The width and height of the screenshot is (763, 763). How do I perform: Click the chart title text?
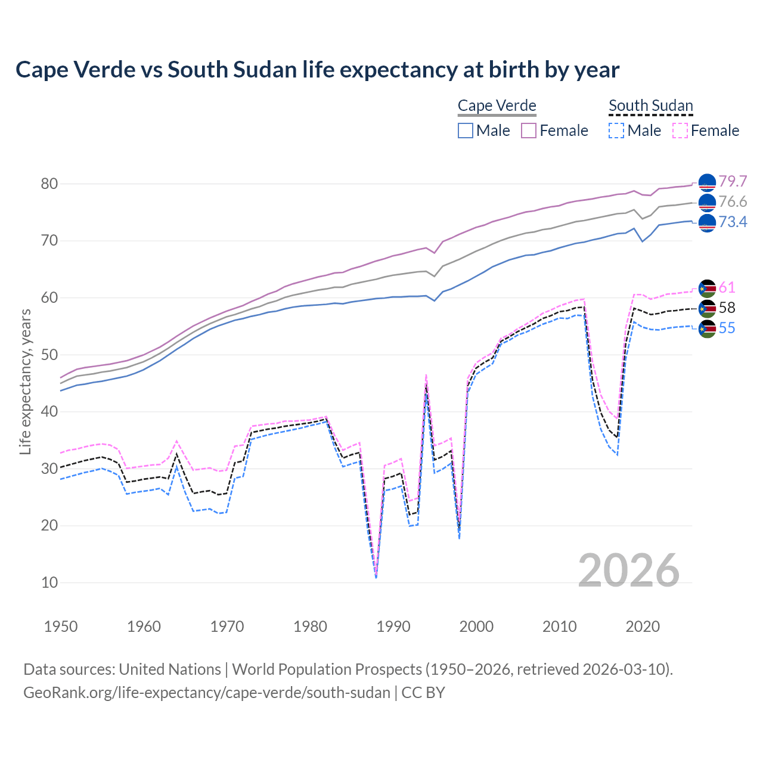(317, 70)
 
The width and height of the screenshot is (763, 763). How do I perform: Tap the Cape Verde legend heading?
(497, 106)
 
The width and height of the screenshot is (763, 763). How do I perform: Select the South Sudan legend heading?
(650, 106)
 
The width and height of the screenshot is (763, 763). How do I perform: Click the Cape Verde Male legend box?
(466, 131)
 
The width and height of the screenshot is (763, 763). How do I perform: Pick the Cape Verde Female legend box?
(529, 131)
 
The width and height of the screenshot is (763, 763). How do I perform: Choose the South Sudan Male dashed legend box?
(616, 131)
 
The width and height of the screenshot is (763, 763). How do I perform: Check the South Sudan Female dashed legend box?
(680, 131)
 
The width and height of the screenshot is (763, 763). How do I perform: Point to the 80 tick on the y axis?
(49, 184)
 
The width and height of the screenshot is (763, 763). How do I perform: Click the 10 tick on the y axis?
(49, 582)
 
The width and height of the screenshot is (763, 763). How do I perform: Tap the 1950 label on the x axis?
(61, 626)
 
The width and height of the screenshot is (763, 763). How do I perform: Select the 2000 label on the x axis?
(476, 626)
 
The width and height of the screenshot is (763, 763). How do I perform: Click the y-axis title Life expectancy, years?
(25, 381)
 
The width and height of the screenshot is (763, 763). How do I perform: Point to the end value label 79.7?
(733, 181)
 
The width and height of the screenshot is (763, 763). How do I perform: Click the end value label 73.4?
(733, 222)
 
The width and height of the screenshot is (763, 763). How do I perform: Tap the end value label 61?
(727, 287)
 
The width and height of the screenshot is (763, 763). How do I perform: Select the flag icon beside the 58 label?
(707, 308)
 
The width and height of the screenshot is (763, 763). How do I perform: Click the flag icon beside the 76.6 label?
(707, 203)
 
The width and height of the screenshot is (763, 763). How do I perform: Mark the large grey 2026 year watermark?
(629, 570)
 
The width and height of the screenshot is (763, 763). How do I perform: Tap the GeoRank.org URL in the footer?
(206, 693)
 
